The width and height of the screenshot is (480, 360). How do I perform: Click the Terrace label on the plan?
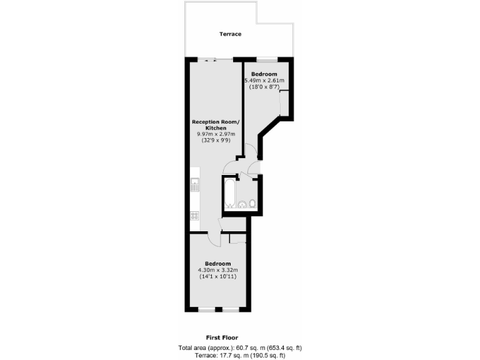coord(229,34)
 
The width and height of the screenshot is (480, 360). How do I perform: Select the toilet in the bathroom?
coord(252,203)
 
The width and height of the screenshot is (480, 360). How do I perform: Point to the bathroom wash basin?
coord(242,203)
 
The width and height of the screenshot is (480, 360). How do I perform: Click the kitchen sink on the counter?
coord(194,185)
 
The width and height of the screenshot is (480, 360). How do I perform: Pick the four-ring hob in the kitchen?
coord(194,216)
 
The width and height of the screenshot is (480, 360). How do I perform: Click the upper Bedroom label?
coord(264,74)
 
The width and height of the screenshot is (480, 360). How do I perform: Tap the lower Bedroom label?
coord(217,263)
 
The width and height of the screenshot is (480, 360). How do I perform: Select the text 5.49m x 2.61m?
coord(264,81)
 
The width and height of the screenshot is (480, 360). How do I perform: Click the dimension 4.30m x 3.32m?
coord(217,270)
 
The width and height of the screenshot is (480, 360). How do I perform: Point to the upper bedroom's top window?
coord(266,59)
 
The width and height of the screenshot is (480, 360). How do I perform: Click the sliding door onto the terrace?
coord(209,59)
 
